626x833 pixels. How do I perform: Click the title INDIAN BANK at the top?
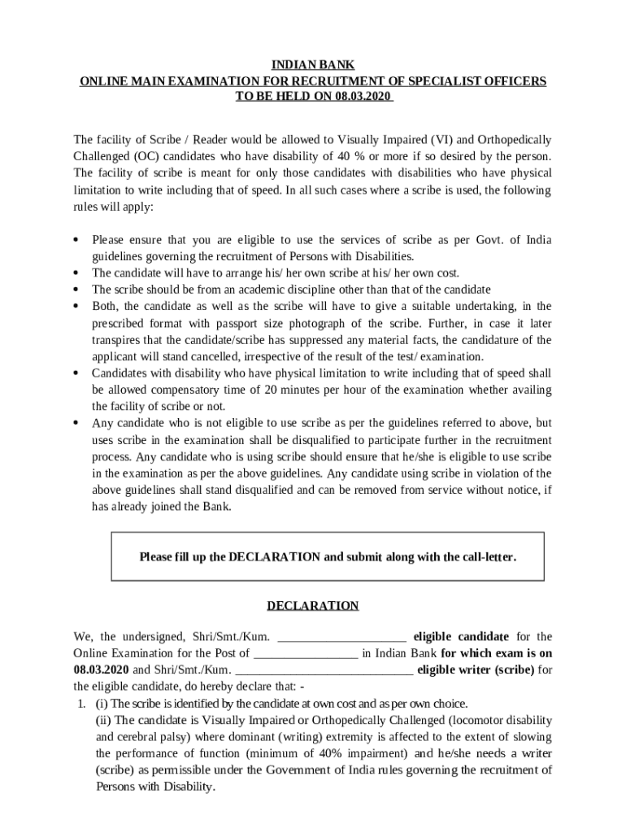313,66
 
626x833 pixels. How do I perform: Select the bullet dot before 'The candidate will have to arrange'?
76,273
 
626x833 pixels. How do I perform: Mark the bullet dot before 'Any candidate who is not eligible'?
76,423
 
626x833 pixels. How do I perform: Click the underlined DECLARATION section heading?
313,606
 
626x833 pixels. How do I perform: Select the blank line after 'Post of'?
306,653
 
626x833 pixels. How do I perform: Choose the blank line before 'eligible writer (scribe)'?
324,670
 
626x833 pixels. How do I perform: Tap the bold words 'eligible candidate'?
461,637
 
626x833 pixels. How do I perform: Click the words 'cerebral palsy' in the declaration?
147,737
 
